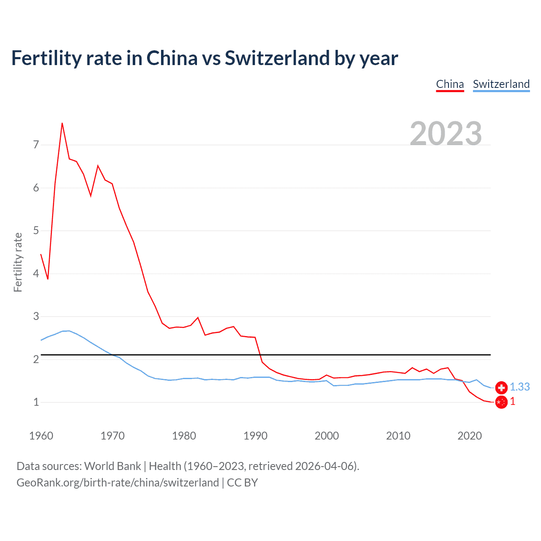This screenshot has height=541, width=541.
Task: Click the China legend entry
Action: [450, 84]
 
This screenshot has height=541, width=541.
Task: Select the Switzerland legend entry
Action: [501, 84]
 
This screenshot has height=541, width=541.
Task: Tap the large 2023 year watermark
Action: [446, 133]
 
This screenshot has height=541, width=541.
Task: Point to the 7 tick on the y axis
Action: [36, 145]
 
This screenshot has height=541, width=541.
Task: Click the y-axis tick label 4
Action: [36, 273]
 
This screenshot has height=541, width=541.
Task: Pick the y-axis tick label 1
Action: [36, 402]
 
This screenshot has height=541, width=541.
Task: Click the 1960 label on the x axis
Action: [41, 436]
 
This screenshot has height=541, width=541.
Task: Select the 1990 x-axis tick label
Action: [255, 436]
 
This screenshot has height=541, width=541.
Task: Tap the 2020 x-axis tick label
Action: [470, 436]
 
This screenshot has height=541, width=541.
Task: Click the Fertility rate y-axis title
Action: [18, 262]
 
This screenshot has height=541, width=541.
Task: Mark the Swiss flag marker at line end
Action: [501, 387]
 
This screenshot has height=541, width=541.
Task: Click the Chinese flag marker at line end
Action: [501, 402]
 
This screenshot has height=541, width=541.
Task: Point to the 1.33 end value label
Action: [519, 387]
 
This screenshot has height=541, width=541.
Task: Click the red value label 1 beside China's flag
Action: [513, 402]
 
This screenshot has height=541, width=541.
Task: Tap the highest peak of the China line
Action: [62, 123]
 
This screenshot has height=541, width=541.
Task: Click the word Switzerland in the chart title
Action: [277, 58]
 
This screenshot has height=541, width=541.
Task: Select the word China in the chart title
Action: [172, 58]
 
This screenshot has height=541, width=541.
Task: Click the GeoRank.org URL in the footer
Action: [117, 483]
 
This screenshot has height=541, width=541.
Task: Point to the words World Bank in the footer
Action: [112, 466]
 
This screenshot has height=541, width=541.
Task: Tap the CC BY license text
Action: [242, 483]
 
